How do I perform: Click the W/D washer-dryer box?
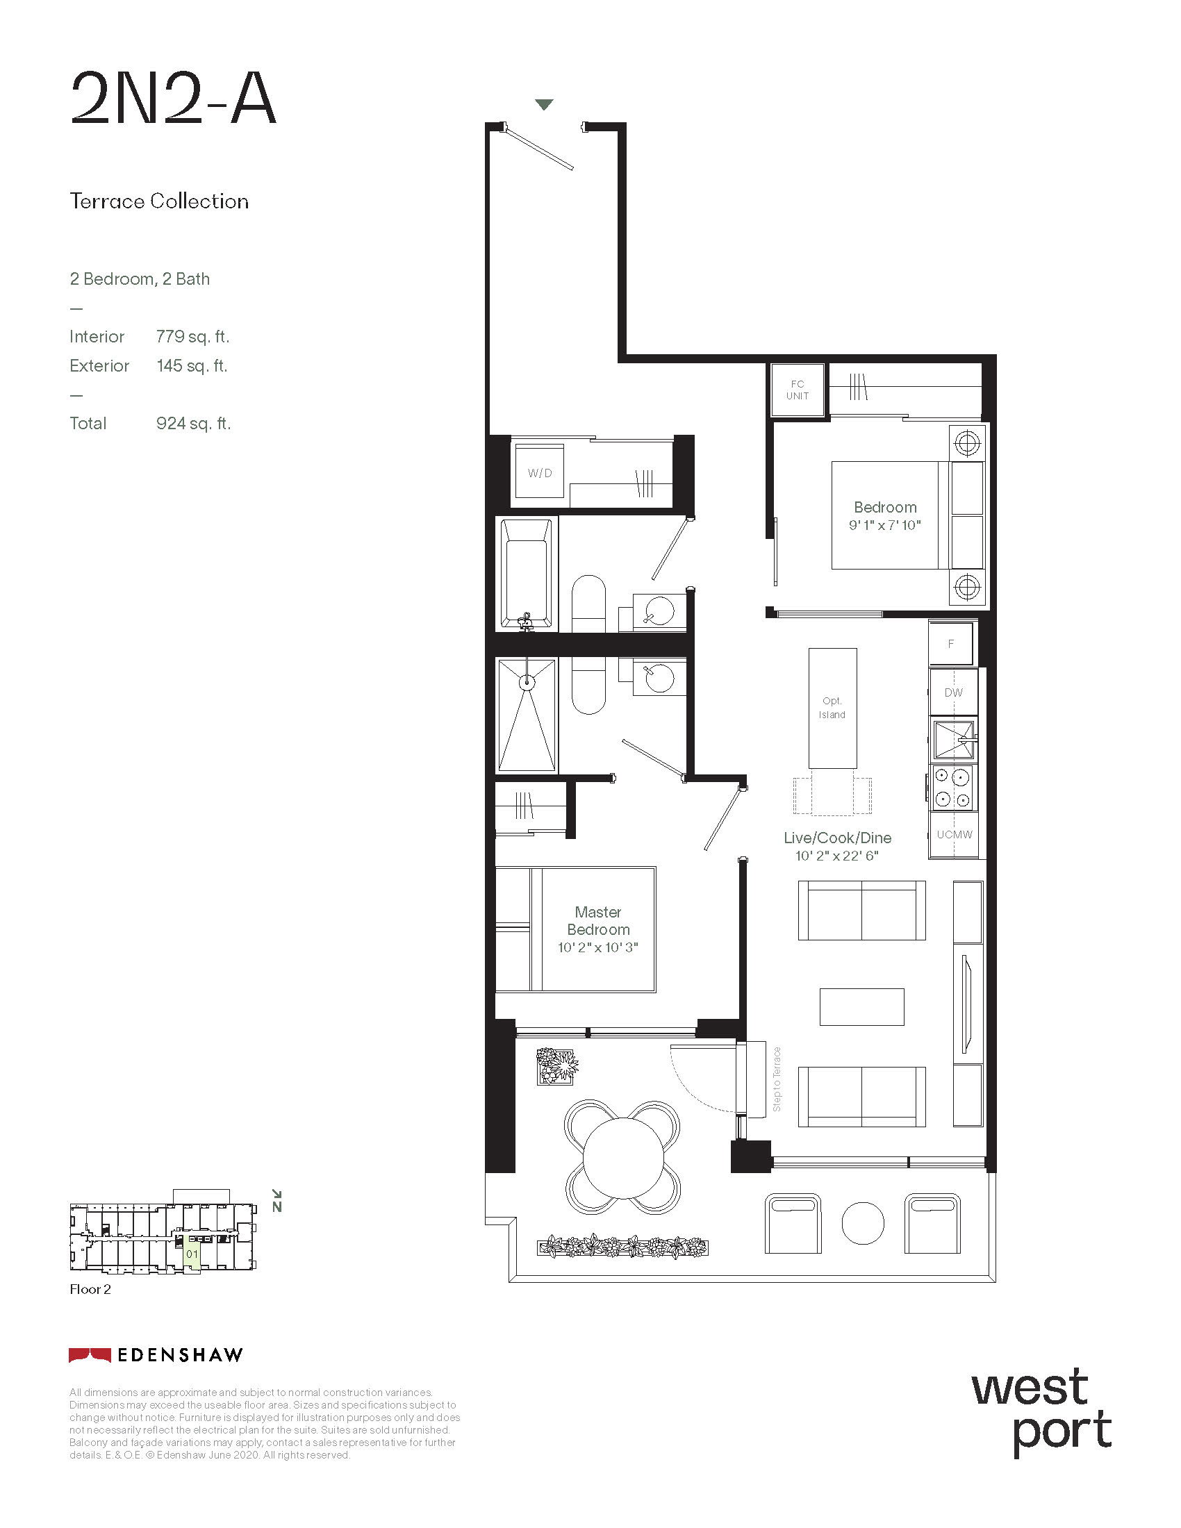click(539, 472)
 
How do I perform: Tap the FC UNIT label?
click(798, 390)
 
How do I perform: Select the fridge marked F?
click(950, 643)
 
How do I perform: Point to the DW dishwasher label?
click(953, 692)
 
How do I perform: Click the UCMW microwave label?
click(955, 834)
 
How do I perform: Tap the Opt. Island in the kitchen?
click(832, 708)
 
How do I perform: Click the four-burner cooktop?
click(953, 787)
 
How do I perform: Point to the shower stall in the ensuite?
click(527, 714)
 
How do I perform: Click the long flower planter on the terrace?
click(622, 1246)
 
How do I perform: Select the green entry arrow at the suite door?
click(545, 105)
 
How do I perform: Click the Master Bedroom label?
click(598, 921)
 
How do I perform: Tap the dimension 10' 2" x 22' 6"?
click(837, 856)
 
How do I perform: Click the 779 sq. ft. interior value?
click(193, 337)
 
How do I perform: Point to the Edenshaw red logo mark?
click(90, 1355)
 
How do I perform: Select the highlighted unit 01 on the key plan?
click(192, 1254)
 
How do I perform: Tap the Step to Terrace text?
click(777, 1079)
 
